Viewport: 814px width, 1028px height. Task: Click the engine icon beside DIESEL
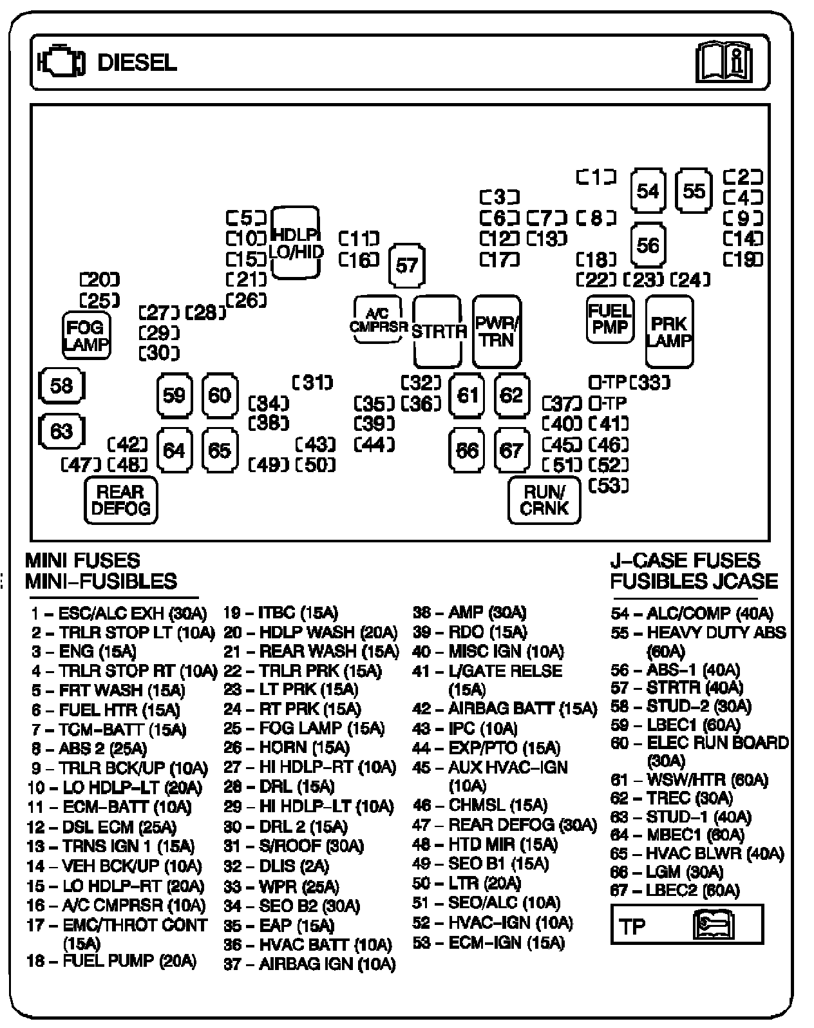coord(62,62)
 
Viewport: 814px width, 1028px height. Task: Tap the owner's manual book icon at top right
coord(723,62)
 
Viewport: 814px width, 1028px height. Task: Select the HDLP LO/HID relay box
coord(296,243)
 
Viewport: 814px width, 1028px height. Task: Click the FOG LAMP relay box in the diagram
coord(86,336)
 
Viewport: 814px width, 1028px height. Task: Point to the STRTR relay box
coord(438,331)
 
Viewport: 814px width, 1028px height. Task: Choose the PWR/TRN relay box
coord(497,331)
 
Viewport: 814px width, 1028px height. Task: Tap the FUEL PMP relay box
coord(609,319)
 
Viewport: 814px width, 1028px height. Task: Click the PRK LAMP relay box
coord(669,331)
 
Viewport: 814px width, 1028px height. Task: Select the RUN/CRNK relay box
coord(544,500)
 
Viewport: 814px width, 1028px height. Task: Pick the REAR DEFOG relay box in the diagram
coord(120,500)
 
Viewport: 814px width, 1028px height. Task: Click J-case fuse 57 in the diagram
coord(407,265)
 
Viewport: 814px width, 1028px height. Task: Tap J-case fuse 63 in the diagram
coord(61,430)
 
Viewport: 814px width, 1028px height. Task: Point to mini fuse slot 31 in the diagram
coord(313,383)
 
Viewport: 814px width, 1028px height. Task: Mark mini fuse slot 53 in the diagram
coord(609,485)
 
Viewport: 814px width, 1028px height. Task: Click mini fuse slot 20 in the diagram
coord(100,280)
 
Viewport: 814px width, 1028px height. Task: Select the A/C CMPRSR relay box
coord(377,320)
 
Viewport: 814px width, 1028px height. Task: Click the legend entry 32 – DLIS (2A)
coord(276,866)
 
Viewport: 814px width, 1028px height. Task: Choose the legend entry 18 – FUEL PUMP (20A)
coord(111,961)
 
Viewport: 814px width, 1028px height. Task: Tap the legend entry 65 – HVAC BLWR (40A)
coord(697,854)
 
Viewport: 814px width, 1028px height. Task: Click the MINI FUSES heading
coord(82,560)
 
